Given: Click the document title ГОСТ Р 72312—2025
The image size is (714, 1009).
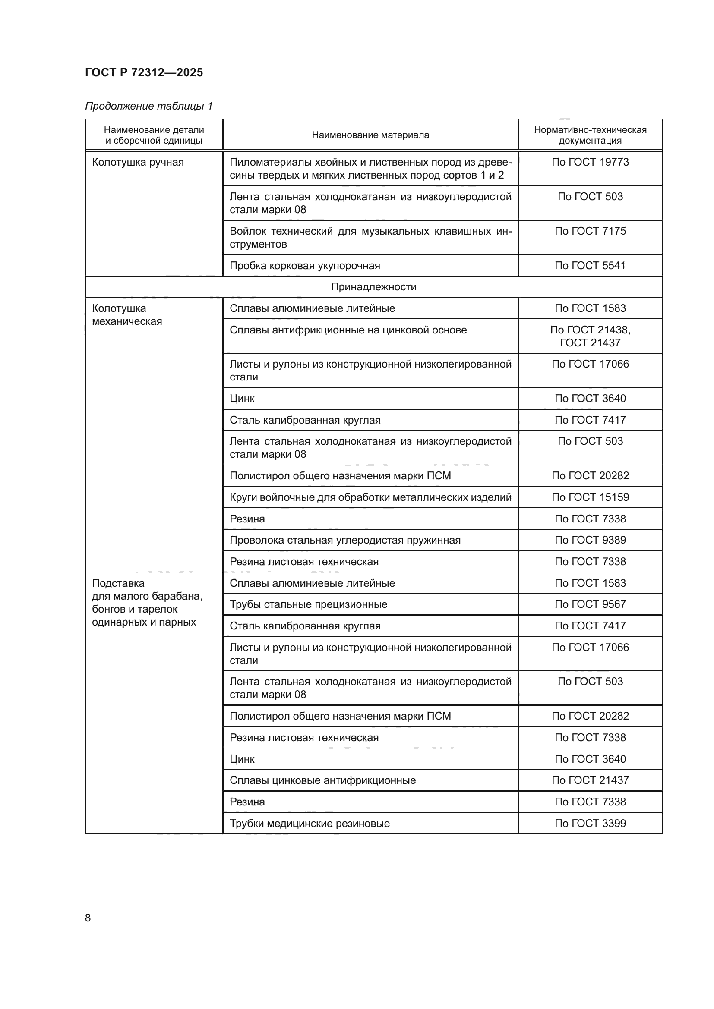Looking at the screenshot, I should (144, 72).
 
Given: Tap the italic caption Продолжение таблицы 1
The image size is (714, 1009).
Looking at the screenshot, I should (148, 106).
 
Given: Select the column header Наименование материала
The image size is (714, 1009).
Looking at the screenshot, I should (370, 135).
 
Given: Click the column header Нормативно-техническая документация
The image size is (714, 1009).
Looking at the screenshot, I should (590, 135).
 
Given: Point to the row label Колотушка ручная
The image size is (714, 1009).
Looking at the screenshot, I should (138, 162).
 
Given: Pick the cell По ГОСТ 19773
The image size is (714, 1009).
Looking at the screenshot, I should (590, 162).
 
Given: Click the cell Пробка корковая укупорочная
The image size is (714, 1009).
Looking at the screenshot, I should (305, 265).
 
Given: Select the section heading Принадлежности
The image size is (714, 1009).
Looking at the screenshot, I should (373, 287).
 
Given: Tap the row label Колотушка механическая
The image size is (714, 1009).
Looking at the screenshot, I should (127, 314).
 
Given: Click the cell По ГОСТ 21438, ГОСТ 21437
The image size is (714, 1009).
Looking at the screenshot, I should (590, 336).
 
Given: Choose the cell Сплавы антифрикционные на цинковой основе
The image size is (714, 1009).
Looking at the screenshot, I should (348, 330).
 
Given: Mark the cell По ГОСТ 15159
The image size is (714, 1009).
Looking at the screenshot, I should (590, 497).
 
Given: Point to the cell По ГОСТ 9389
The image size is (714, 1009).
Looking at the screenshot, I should (590, 540).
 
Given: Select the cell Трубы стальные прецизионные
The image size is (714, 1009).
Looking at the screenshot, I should (308, 604).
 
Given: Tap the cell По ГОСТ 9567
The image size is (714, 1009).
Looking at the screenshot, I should (590, 604).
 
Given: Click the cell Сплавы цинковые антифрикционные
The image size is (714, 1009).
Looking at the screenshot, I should (322, 780).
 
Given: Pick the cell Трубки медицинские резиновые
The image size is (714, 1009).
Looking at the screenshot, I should (310, 824).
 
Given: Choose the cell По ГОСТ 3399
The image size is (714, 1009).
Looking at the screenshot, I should (590, 824).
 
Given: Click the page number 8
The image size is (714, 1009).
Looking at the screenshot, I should (88, 918).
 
